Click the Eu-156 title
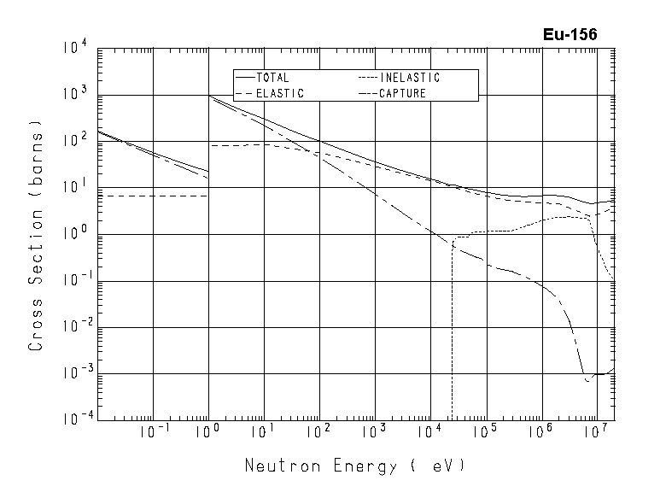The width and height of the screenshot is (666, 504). pyautogui.click(x=570, y=35)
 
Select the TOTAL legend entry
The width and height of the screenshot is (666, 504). pyautogui.click(x=272, y=78)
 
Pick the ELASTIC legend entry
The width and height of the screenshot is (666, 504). pyautogui.click(x=279, y=93)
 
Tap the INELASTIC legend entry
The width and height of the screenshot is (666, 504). pyautogui.click(x=409, y=78)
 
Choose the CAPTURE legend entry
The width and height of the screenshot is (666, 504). pyautogui.click(x=401, y=93)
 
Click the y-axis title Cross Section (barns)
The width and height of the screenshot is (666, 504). pyautogui.click(x=37, y=232)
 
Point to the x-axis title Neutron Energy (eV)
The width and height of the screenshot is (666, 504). pyautogui.click(x=355, y=466)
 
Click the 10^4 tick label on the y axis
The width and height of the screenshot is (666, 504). pyautogui.click(x=73, y=48)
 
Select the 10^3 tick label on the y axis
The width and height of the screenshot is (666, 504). pyautogui.click(x=73, y=95)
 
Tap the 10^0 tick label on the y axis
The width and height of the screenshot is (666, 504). pyautogui.click(x=73, y=234)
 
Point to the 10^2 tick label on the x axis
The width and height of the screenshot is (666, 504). pyautogui.click(x=319, y=432)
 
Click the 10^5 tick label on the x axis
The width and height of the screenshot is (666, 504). pyautogui.click(x=485, y=432)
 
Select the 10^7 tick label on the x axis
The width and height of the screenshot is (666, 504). pyautogui.click(x=595, y=432)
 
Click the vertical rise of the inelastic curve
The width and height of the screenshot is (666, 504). pyautogui.click(x=452, y=325)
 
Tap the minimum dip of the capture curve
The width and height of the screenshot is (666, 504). pyautogui.click(x=587, y=379)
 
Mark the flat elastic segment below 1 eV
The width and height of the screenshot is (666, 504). pyautogui.click(x=154, y=196)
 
